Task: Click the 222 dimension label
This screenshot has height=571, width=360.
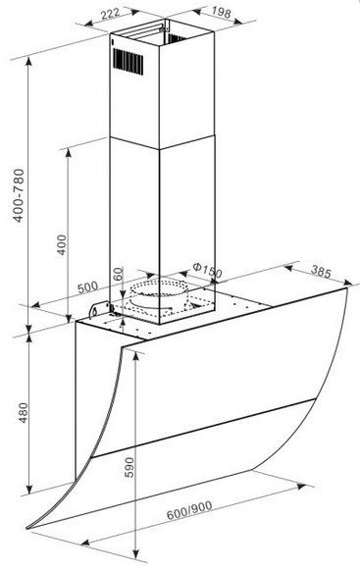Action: click(x=110, y=14)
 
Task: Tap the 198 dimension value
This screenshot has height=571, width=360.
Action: click(x=221, y=13)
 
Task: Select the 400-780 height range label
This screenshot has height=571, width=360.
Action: click(x=19, y=195)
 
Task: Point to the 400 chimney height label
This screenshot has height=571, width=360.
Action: click(x=62, y=244)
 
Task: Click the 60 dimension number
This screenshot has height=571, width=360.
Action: click(x=118, y=274)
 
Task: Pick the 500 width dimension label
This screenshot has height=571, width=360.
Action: click(x=87, y=287)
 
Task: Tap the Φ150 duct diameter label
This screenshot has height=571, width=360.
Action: click(x=207, y=270)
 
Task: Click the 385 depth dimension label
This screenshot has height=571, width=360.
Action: click(x=321, y=272)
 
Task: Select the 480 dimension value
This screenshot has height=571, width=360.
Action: click(x=23, y=412)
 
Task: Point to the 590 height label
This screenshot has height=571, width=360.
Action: click(x=129, y=467)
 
